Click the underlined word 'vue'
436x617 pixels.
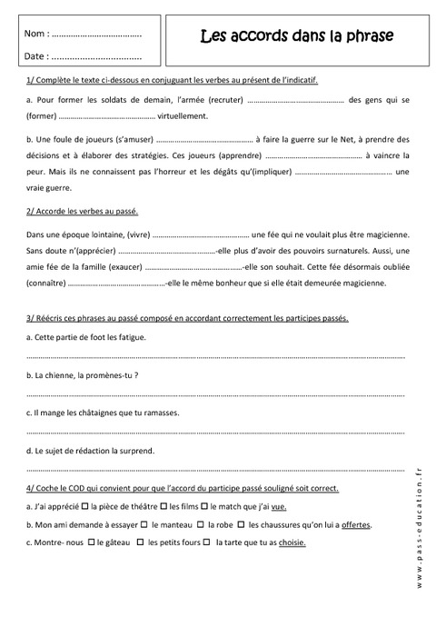279,507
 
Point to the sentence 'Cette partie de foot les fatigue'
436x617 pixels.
89,337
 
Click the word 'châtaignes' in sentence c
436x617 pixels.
101,412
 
